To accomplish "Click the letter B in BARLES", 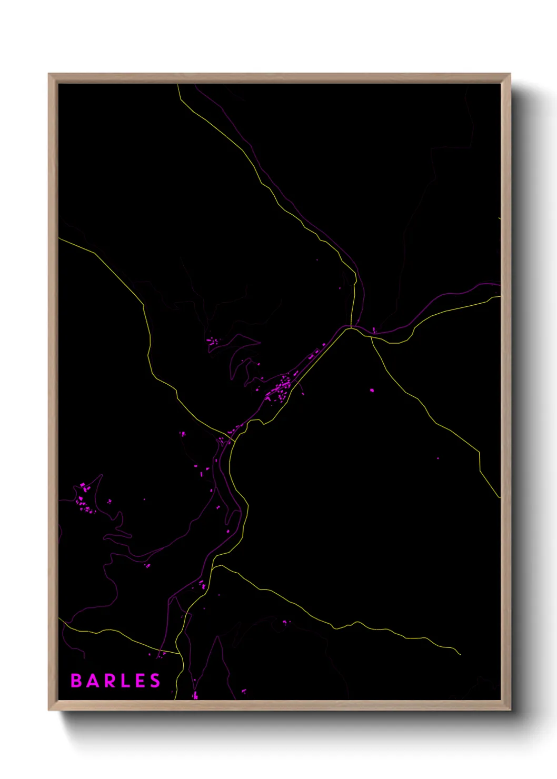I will pyautogui.click(x=76, y=681).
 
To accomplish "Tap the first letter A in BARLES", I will pyautogui.click(x=93, y=681).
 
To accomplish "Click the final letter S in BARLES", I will pyautogui.click(x=155, y=681).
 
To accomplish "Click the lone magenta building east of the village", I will pyautogui.click(x=372, y=391).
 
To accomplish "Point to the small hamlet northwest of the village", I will pyautogui.click(x=213, y=342).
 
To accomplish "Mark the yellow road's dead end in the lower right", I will pyautogui.click(x=460, y=654).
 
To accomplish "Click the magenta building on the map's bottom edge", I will pyautogui.click(x=195, y=696).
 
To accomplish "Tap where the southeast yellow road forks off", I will pyautogui.click(x=371, y=337).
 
